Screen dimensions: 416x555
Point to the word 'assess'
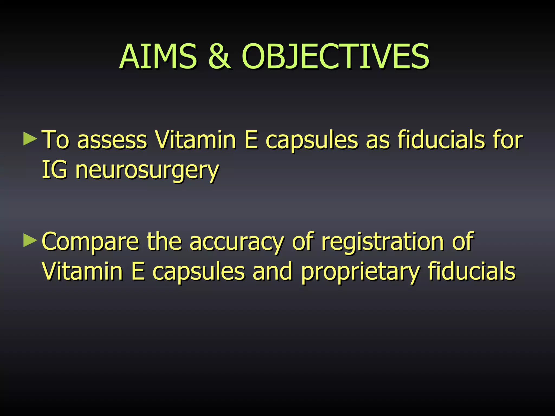112,140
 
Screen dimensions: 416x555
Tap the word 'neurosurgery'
147,171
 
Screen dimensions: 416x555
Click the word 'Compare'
90,242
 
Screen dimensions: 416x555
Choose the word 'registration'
383,242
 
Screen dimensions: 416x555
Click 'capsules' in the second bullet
199,272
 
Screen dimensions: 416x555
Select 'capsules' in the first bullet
312,140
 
